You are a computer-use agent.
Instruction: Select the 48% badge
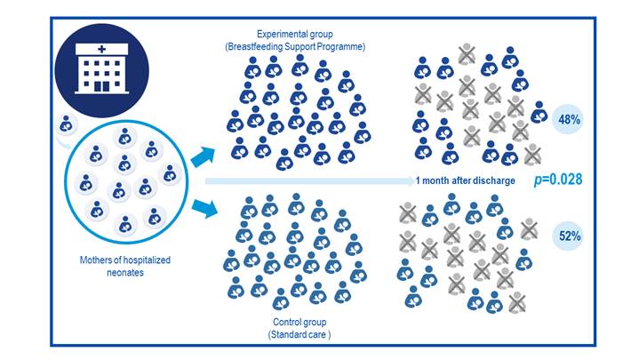[x=566, y=120]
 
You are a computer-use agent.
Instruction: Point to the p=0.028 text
[x=557, y=180]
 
